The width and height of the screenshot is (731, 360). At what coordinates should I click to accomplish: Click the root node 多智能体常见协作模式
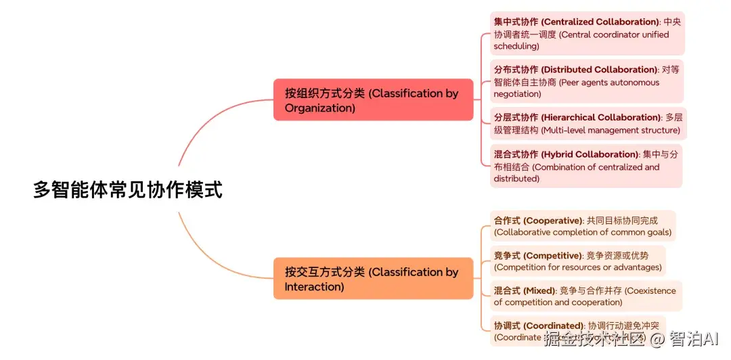[x=128, y=189]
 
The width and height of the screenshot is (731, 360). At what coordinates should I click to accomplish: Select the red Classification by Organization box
[x=373, y=100]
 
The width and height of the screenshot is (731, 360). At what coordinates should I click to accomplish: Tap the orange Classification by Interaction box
[x=373, y=279]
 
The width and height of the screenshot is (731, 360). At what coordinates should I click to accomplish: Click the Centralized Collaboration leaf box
[x=587, y=34]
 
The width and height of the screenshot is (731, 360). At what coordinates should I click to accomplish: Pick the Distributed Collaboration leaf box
[x=587, y=82]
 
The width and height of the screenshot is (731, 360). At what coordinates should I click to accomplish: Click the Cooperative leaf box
[x=582, y=226]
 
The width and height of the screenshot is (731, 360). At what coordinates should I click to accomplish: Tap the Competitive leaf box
[x=577, y=261]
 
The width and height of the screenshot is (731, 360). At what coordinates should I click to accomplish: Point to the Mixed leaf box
[x=585, y=296]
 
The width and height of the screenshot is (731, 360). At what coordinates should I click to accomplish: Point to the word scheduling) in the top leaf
[x=516, y=47]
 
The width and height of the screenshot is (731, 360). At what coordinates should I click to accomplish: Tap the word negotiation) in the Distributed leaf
[x=517, y=94]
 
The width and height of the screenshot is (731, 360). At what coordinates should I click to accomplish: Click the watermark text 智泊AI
[x=694, y=339]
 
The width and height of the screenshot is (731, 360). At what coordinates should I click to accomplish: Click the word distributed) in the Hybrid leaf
[x=516, y=179]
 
